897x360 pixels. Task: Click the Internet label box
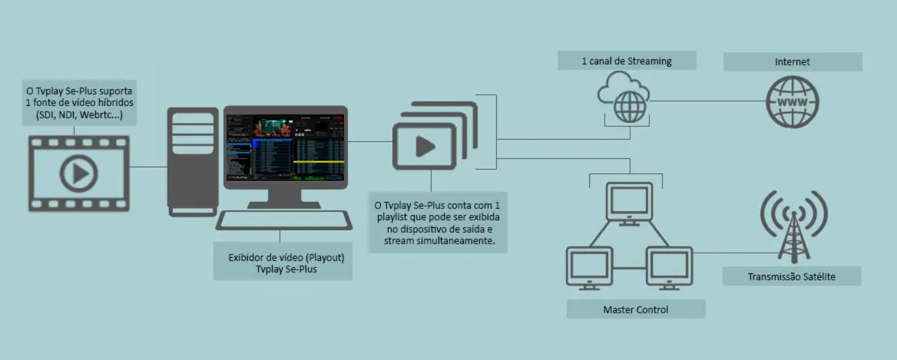click(793, 61)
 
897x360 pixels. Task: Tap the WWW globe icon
click(793, 102)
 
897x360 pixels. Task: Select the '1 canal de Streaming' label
click(627, 61)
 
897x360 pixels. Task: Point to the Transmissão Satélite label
click(791, 276)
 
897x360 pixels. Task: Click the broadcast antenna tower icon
click(794, 225)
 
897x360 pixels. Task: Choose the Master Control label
click(636, 310)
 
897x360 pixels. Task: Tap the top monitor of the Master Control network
click(629, 203)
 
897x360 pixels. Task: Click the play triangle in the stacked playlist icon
click(425, 147)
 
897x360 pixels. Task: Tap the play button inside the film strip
click(79, 173)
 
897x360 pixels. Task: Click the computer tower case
click(193, 162)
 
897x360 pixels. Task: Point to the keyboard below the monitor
click(283, 220)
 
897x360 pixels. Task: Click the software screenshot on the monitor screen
click(286, 147)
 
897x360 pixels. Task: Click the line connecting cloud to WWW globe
click(708, 102)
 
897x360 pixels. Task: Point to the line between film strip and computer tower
click(148, 167)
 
